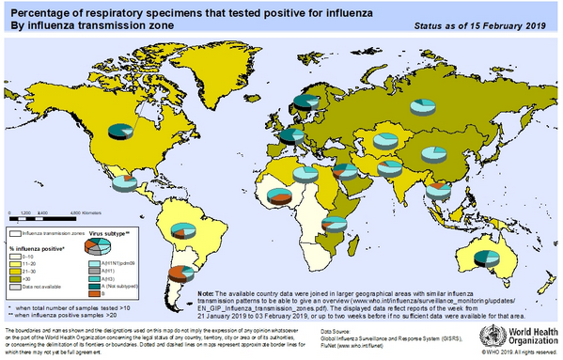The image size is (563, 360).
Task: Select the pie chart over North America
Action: pos(120,130)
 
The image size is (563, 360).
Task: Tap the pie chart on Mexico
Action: pos(130,181)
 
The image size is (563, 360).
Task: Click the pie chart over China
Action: pos(433,154)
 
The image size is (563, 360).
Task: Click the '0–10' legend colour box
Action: pos(16,257)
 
